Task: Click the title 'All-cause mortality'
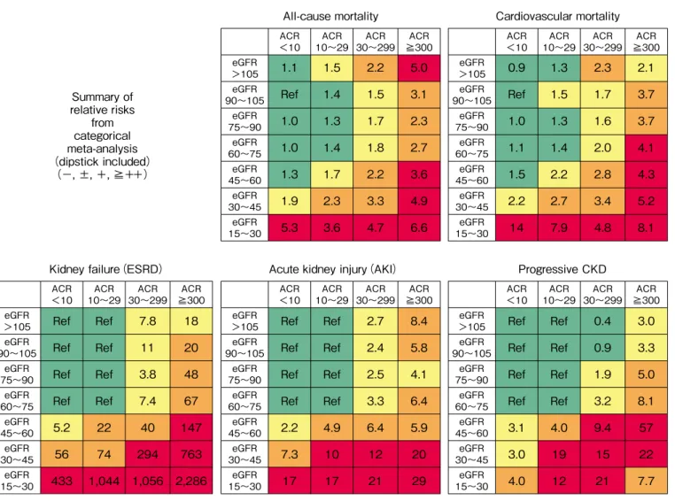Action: click(330, 16)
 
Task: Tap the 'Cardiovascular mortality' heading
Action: click(557, 16)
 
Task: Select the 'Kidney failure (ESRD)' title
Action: click(105, 269)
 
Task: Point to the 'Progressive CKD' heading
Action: click(562, 269)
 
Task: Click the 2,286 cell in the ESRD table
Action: click(191, 481)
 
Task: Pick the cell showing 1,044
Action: click(105, 481)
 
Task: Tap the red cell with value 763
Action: click(191, 454)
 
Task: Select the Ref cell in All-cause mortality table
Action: click(290, 94)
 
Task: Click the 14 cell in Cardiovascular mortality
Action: click(516, 227)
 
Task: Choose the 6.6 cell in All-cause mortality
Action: click(419, 227)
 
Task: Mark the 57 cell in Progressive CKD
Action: click(646, 428)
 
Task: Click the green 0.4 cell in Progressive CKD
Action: click(602, 320)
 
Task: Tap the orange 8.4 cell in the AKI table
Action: click(419, 320)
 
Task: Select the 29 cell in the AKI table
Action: click(419, 481)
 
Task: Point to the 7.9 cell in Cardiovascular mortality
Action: click(559, 227)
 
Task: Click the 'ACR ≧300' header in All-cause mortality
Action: click(419, 42)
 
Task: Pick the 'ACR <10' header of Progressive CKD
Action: click(516, 294)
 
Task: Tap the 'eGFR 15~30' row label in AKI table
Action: click(244, 481)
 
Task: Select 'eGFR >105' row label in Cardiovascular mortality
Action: click(472, 68)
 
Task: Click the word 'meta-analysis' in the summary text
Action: click(102, 149)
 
